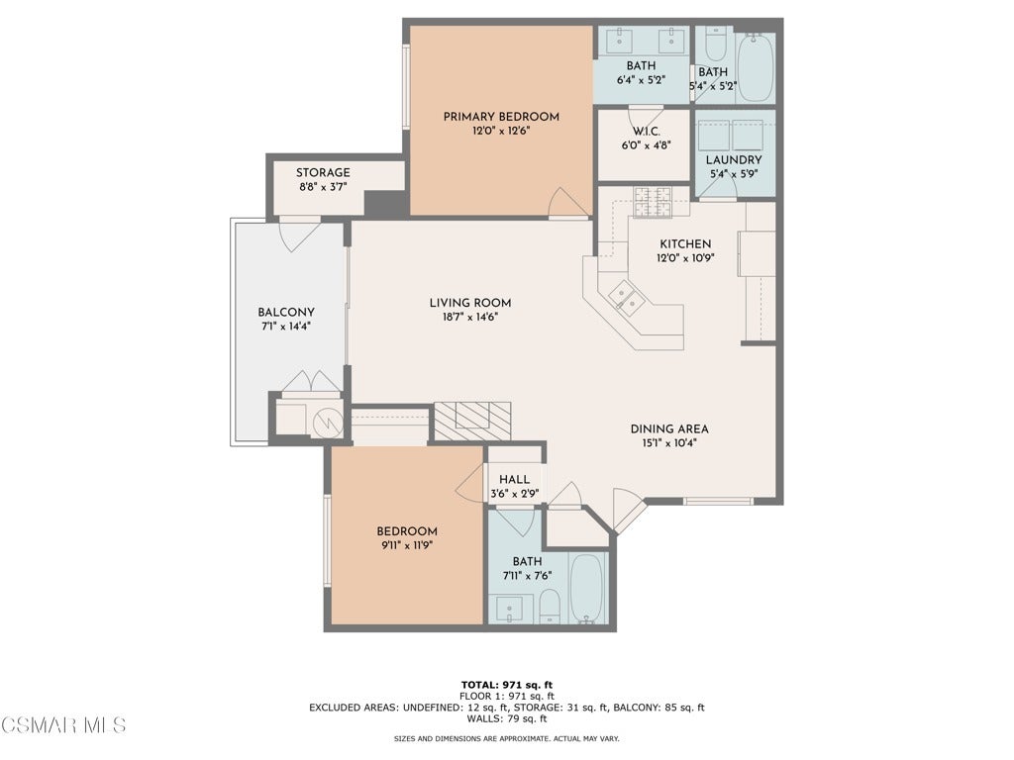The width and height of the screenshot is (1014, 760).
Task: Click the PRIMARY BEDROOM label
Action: click(501, 117)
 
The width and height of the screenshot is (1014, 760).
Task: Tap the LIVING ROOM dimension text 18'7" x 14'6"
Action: click(470, 318)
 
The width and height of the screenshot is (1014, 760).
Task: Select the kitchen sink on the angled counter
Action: click(626, 297)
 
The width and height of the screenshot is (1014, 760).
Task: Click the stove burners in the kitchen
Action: click(654, 201)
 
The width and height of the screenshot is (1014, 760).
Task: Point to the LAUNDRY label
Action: click(734, 159)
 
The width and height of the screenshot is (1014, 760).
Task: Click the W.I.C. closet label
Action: click(646, 132)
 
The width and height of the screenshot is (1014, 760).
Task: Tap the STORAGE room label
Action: click(323, 172)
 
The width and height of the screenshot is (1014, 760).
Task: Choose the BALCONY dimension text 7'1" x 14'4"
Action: click(286, 327)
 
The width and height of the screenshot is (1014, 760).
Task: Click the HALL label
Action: click(515, 480)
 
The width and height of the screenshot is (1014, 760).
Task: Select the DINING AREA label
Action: click(669, 429)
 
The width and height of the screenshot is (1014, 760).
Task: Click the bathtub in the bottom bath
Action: click(588, 588)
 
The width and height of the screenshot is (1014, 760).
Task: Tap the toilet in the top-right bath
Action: click(715, 44)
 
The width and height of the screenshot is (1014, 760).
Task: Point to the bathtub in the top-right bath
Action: click(755, 67)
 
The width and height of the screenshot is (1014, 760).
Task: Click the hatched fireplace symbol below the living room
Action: click(472, 421)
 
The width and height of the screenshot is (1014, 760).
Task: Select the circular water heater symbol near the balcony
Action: click(328, 424)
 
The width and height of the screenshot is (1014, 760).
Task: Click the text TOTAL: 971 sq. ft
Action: click(507, 685)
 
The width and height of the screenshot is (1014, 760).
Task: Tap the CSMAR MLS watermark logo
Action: click(63, 725)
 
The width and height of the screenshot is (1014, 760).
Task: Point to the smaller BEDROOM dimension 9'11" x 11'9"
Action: click(407, 545)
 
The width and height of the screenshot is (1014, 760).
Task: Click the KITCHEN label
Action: click(685, 244)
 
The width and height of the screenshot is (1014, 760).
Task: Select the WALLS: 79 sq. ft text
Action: click(507, 718)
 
